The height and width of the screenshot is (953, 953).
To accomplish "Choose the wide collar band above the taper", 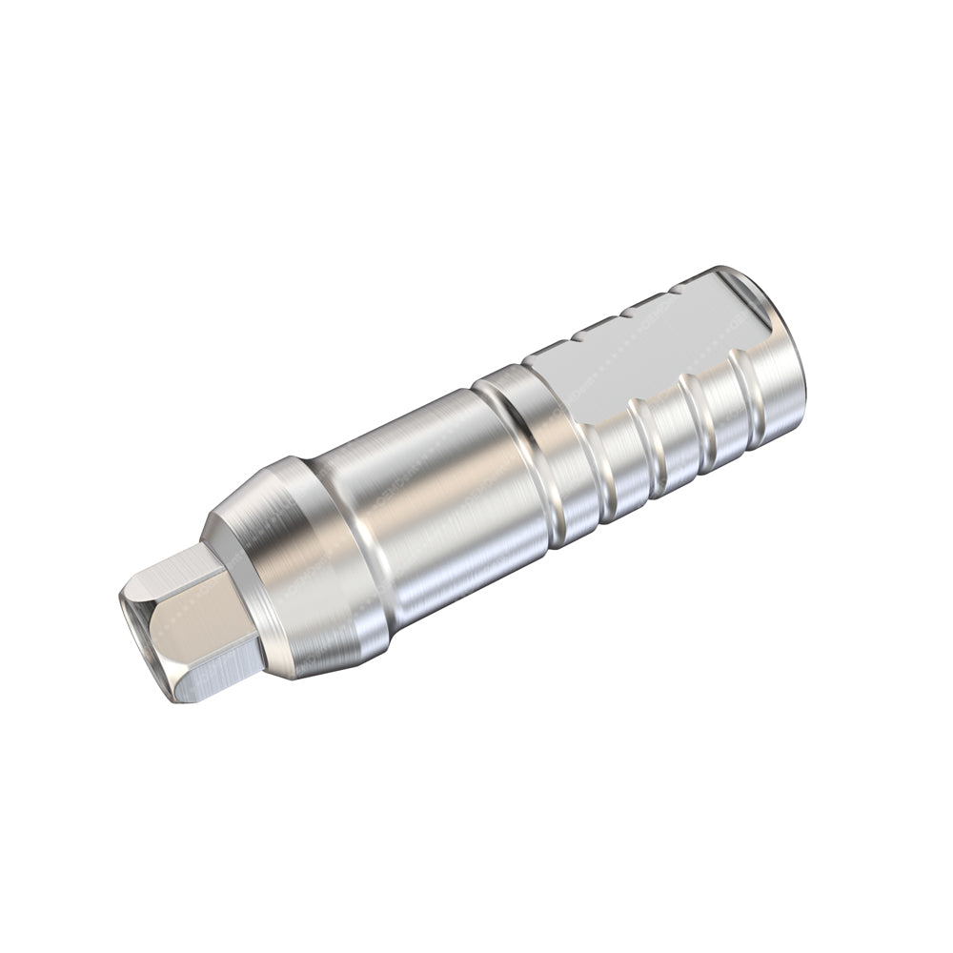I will pos(334,562).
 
